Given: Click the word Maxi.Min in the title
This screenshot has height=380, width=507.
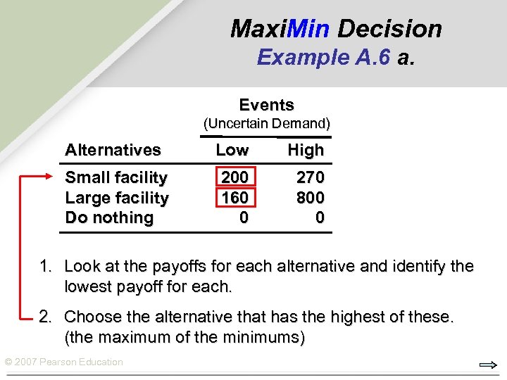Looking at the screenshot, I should [280, 29].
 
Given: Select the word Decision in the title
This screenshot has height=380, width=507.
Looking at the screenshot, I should [389, 29].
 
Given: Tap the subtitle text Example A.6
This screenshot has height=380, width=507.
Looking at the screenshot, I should [324, 56].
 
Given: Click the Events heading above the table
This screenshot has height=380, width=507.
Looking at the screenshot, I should [266, 106].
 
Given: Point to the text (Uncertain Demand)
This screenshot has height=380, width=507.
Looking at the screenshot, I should [267, 124].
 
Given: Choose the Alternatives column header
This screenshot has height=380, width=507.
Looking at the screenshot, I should [113, 150].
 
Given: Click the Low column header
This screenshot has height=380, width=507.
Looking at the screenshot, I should [232, 150].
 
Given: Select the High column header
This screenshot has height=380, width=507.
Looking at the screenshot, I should [306, 150].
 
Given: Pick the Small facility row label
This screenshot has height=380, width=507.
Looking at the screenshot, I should [116, 178].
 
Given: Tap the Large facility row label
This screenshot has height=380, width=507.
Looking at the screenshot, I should [116, 198].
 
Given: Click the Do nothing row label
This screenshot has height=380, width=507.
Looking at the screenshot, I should [109, 218].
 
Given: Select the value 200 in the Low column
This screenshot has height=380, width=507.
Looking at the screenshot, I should [234, 178].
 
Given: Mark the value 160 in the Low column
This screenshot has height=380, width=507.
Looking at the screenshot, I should [234, 198].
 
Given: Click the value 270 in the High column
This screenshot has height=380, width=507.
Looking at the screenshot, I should [311, 178].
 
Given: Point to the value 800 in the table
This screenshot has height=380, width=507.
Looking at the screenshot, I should [311, 198].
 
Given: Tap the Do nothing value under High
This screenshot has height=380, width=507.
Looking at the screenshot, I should [320, 218].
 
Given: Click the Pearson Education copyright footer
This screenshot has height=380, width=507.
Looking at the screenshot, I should [63, 362].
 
